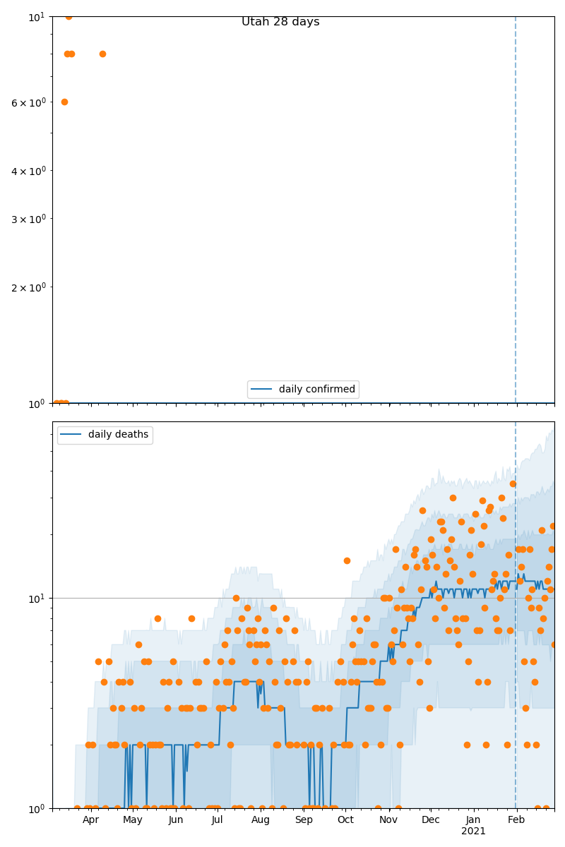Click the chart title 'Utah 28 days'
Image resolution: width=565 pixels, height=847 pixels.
click(x=280, y=22)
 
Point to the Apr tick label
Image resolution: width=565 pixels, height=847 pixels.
click(x=90, y=819)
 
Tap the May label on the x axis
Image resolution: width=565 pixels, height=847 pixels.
click(x=133, y=819)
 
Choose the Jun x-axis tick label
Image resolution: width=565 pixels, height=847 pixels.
click(x=176, y=819)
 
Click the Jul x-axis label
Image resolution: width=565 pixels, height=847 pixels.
click(x=217, y=819)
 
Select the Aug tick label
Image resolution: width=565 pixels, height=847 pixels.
click(x=261, y=819)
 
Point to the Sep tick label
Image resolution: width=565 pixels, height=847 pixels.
click(x=304, y=819)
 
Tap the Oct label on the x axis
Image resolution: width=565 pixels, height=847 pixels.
click(x=345, y=819)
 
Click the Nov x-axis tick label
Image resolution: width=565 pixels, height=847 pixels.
click(x=388, y=819)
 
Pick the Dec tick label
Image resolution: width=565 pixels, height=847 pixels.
click(x=430, y=819)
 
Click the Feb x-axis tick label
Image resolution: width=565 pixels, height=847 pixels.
click(x=516, y=819)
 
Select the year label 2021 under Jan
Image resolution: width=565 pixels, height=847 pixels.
click(x=473, y=831)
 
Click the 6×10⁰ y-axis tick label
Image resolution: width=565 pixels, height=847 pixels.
click(x=28, y=102)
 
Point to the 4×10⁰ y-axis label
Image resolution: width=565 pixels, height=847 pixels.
click(x=28, y=171)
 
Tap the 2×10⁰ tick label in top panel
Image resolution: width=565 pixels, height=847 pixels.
click(x=28, y=287)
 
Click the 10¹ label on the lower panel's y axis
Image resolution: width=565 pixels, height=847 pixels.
click(x=37, y=599)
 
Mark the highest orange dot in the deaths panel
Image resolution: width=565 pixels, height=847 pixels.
click(x=513, y=483)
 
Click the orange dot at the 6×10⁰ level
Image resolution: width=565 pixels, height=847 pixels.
click(x=64, y=102)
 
